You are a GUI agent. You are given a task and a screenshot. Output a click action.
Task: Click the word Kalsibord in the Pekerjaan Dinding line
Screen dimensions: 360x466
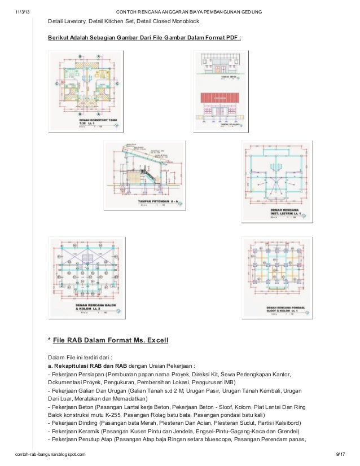[x=286, y=423]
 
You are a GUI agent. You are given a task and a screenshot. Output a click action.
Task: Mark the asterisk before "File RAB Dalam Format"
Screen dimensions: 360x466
[x=50, y=341]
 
